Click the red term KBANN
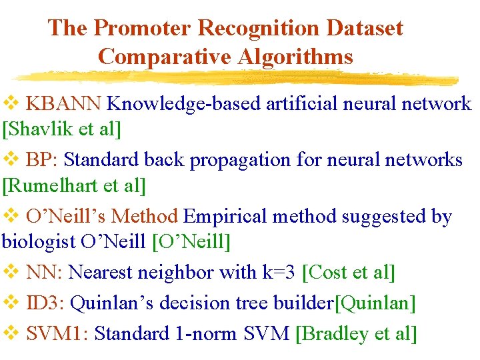[64, 104]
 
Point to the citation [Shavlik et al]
[62, 129]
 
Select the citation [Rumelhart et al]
[74, 185]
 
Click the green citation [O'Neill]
[191, 241]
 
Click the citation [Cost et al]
[349, 273]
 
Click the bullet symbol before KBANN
[11, 104]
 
